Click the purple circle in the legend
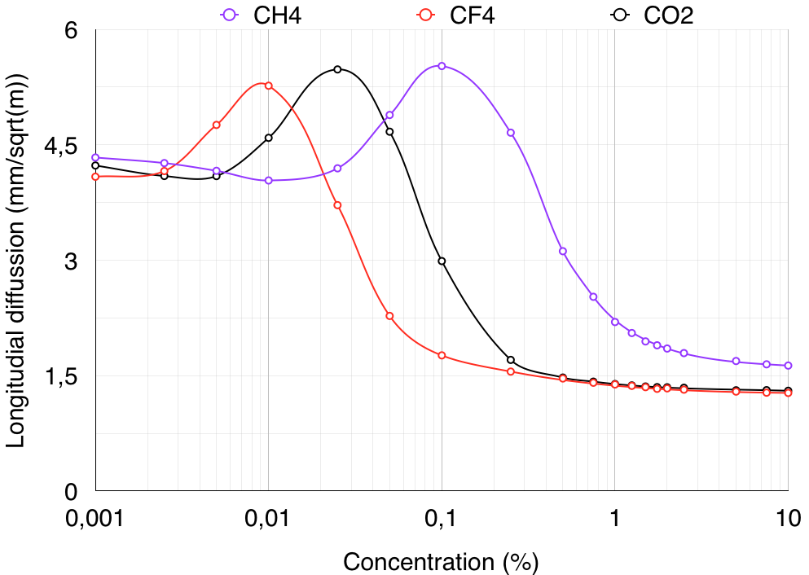coord(229,15)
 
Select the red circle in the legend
coord(425,15)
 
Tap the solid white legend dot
coord(620,15)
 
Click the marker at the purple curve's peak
coord(442,66)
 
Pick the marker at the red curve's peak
coord(268,86)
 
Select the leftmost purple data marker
coord(95,157)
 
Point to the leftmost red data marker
coord(95,177)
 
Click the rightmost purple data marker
coord(788,366)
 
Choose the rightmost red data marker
coord(788,393)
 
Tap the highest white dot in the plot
coord(337,69)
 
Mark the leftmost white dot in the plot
coord(95,165)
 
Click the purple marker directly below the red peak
coord(268,180)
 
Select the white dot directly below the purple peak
coord(442,261)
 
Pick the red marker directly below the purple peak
coord(442,355)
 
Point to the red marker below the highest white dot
coord(337,205)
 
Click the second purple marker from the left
coord(164,163)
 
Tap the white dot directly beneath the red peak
coord(268,138)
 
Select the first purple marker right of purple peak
coord(511,133)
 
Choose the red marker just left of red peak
coord(216,125)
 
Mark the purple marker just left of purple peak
coord(389,115)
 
